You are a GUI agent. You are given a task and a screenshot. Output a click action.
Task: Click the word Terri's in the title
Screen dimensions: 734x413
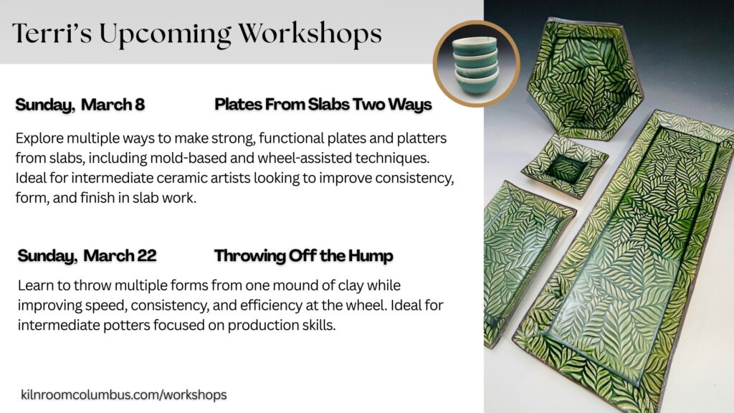tap(52, 34)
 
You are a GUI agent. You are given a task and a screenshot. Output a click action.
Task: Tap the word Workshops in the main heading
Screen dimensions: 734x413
tap(310, 34)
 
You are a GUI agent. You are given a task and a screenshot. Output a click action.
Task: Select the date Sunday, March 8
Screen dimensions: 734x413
tap(80, 105)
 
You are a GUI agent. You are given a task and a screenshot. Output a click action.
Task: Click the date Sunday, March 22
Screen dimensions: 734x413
tap(87, 256)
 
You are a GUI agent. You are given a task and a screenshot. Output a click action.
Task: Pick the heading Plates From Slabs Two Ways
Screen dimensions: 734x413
tap(323, 105)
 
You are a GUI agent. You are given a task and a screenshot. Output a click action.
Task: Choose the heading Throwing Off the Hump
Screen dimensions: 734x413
tap(303, 257)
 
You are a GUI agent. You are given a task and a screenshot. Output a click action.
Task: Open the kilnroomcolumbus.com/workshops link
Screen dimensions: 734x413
tap(123, 395)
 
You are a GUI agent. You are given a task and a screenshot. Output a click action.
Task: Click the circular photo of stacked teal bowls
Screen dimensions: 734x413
tap(477, 64)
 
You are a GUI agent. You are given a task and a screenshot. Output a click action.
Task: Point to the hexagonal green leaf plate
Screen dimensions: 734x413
tap(584, 80)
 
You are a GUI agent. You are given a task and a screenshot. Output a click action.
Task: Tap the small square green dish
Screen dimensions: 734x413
tap(565, 166)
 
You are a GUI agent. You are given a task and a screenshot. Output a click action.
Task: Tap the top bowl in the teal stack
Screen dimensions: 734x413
tap(475, 45)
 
